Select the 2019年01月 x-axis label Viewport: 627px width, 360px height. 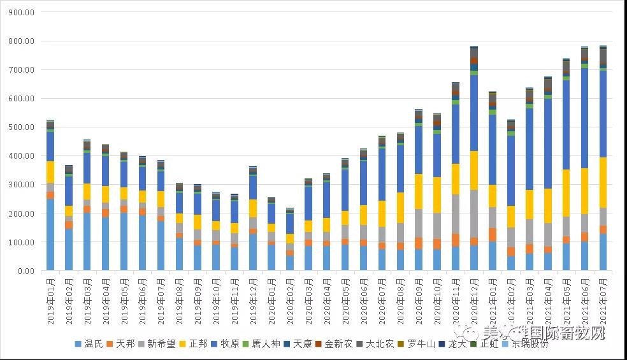click(x=51, y=299)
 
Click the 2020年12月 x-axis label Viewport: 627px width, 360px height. click(x=475, y=299)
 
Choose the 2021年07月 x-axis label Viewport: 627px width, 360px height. click(x=603, y=299)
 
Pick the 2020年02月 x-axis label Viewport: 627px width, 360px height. click(x=291, y=299)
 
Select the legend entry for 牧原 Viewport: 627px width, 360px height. click(x=225, y=344)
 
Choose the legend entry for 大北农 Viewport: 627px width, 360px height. click(x=375, y=344)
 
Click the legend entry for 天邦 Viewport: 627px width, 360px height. click(x=120, y=344)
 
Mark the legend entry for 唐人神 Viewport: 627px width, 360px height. click(x=261, y=344)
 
